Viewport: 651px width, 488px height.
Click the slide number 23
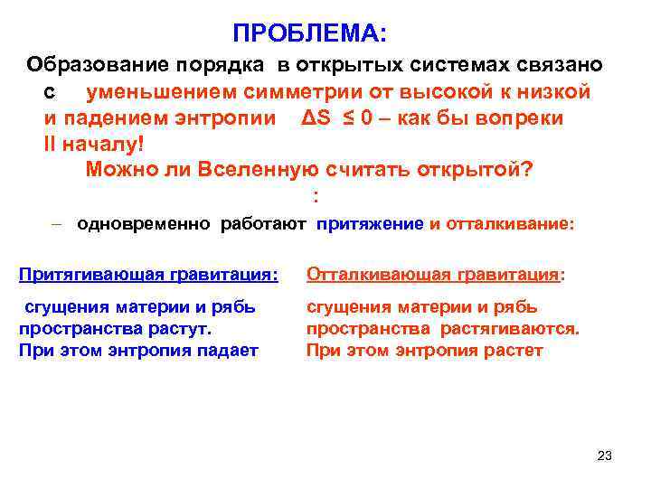coord(605,455)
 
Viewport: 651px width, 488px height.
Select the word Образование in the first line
coord(87,66)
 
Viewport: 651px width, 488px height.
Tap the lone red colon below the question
coord(315,196)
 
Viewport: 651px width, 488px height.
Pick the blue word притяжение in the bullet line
coord(370,223)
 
